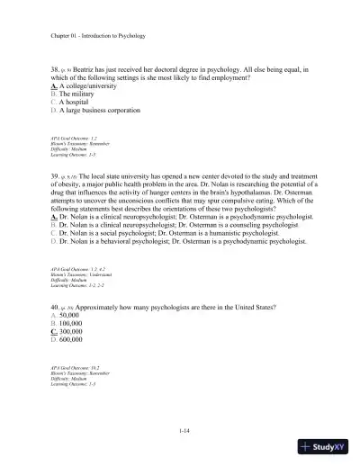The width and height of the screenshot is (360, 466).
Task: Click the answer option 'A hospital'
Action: (78, 111)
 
